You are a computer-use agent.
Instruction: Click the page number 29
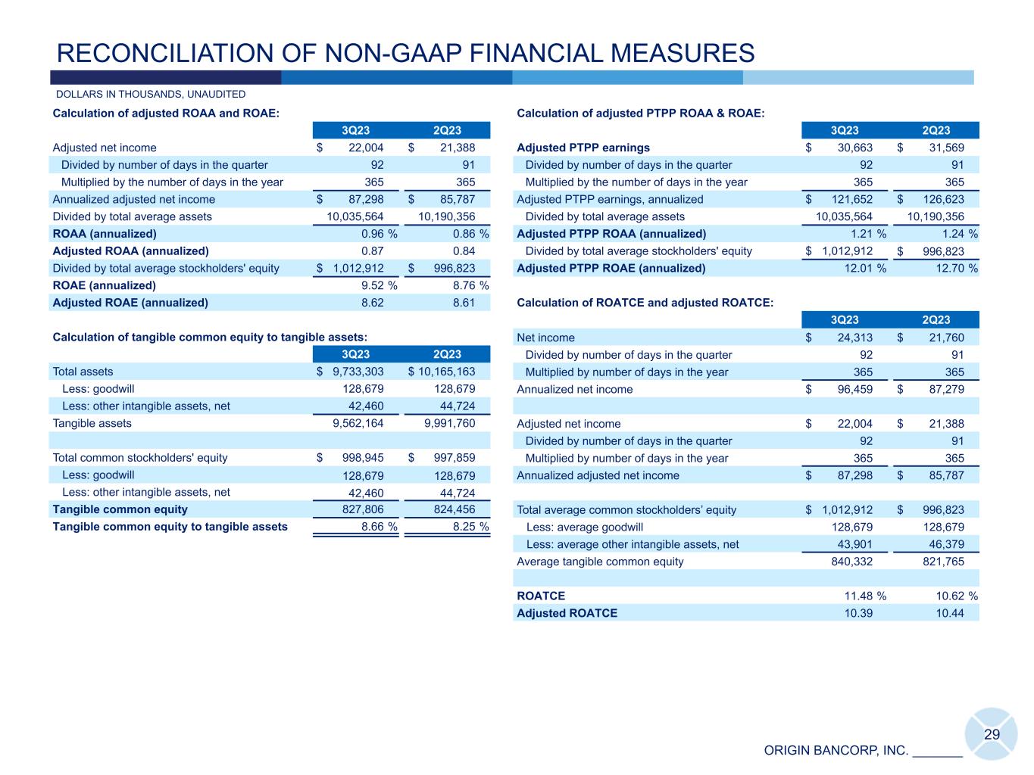(x=992, y=734)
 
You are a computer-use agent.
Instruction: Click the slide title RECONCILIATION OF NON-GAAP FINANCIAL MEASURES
(x=406, y=53)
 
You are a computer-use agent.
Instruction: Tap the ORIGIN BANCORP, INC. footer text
(x=836, y=751)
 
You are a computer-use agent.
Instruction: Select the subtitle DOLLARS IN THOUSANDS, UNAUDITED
(x=151, y=95)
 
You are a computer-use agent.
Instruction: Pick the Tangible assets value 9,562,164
(x=358, y=423)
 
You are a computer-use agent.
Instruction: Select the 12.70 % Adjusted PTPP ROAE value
(x=957, y=268)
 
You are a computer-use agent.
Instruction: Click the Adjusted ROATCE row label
(x=567, y=613)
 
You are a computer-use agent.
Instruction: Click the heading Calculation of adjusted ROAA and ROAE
(x=166, y=114)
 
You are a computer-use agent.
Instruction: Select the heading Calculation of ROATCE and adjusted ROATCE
(x=645, y=303)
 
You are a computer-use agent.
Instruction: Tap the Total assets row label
(x=83, y=372)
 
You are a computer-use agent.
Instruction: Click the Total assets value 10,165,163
(x=442, y=372)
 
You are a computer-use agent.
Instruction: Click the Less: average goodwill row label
(x=584, y=527)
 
